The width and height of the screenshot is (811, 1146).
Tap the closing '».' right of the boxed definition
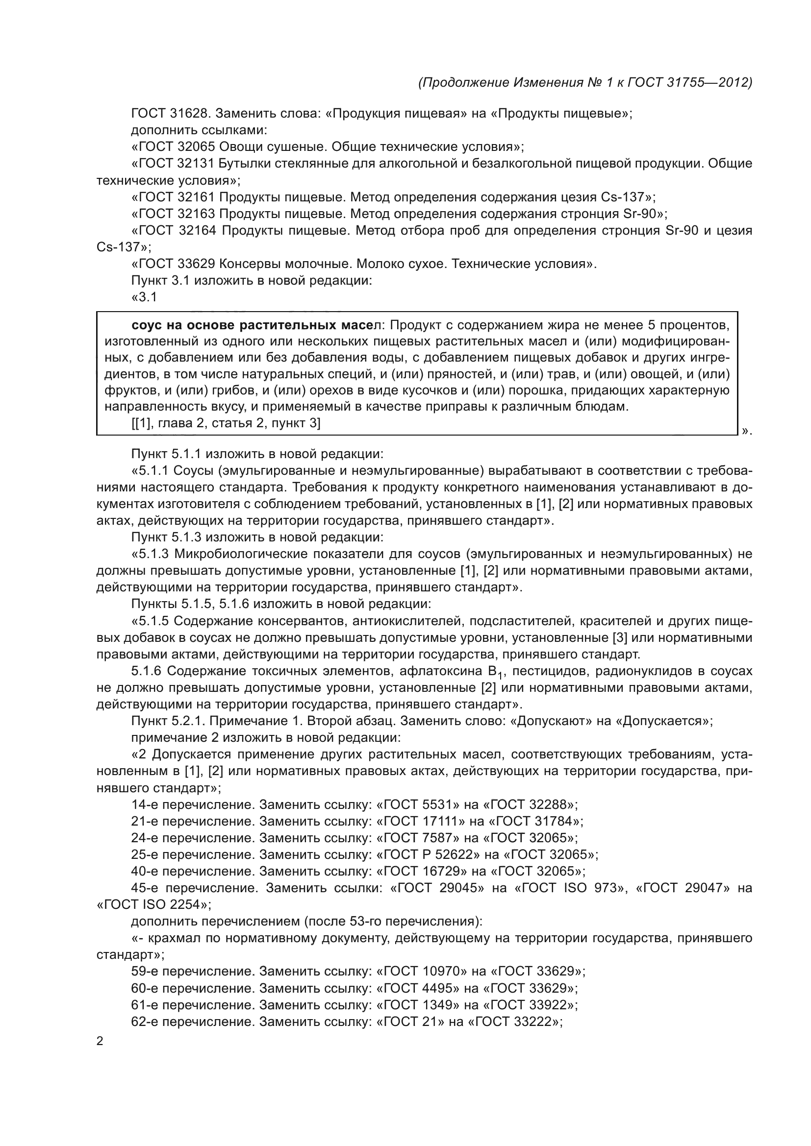747,431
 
